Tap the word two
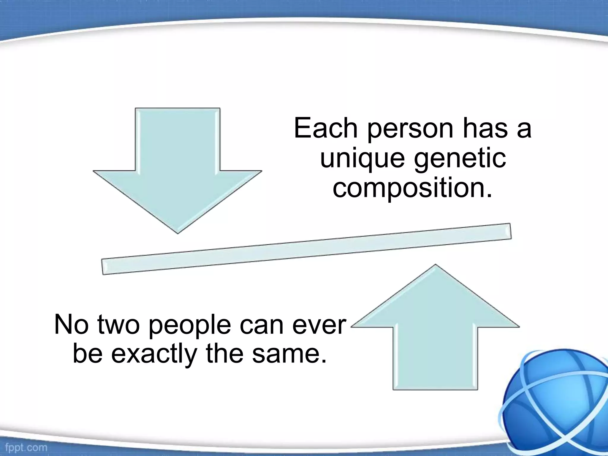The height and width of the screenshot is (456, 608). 118,324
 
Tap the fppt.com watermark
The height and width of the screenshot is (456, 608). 26,447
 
